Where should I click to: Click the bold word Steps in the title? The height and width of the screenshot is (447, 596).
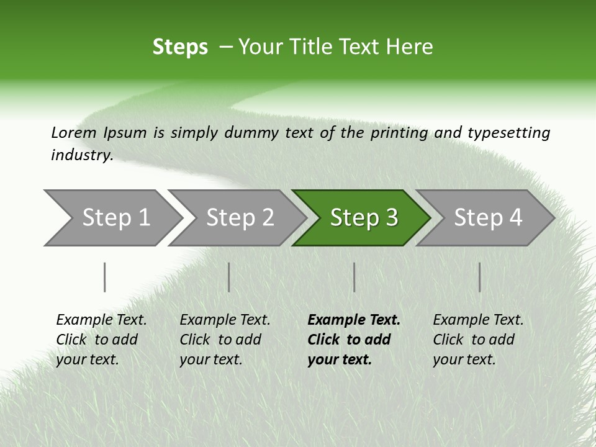pyautogui.click(x=180, y=47)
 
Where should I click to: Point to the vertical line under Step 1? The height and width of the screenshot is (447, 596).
pyautogui.click(x=105, y=277)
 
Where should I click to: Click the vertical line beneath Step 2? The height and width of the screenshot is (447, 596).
pyautogui.click(x=229, y=277)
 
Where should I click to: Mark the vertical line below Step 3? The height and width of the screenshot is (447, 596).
pyautogui.click(x=354, y=277)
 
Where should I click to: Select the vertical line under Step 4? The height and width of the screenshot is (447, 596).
pyautogui.click(x=480, y=277)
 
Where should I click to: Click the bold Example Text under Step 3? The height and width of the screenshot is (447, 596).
pyautogui.click(x=354, y=320)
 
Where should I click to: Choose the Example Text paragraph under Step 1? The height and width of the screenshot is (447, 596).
pyautogui.click(x=101, y=340)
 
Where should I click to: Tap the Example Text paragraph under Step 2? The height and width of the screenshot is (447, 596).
pyautogui.click(x=225, y=340)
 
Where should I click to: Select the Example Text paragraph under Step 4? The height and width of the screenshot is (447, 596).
pyautogui.click(x=478, y=340)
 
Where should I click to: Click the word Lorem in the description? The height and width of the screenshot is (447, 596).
pyautogui.click(x=74, y=133)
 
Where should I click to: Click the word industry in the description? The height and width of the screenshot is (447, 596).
pyautogui.click(x=81, y=155)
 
